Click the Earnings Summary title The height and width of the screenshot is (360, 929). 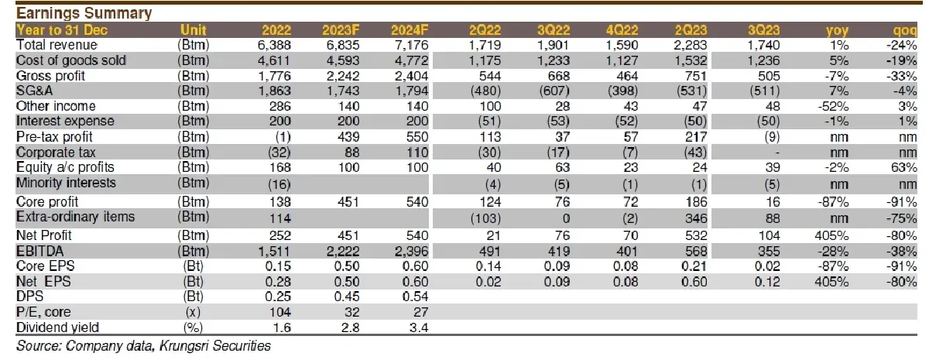[84, 13]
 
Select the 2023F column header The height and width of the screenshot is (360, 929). [341, 30]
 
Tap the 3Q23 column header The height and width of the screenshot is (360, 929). [763, 30]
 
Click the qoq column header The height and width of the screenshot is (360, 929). [904, 30]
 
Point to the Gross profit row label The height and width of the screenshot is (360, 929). [50, 76]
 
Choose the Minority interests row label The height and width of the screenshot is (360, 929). [66, 183]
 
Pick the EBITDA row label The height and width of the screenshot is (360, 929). [39, 251]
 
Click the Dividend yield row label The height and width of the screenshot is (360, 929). [57, 327]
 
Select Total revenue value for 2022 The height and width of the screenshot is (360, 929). [274, 45]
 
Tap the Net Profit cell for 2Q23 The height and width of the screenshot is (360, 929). [696, 235]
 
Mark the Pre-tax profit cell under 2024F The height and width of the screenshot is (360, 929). [417, 137]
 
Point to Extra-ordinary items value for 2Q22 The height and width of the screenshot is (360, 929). [485, 218]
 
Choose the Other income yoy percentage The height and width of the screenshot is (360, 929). [833, 106]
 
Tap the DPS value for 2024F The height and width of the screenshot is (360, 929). [415, 297]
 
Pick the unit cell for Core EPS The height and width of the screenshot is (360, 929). [194, 266]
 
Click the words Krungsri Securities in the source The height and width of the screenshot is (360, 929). [215, 345]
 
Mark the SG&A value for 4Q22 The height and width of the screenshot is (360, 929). [622, 91]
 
